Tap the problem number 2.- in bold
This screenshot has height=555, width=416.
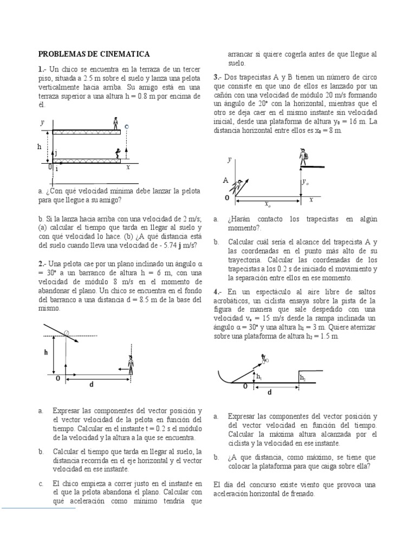click(43, 263)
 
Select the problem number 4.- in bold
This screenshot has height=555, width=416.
click(218, 292)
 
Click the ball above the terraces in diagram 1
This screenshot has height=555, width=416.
click(127, 127)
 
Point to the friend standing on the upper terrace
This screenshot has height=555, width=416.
click(115, 123)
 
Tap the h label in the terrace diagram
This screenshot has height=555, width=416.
click(39, 147)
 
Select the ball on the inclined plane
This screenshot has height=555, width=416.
click(67, 333)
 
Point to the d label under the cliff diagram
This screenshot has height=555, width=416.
click(92, 384)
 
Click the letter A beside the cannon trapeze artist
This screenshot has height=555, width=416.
click(225, 180)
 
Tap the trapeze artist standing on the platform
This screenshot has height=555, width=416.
click(304, 158)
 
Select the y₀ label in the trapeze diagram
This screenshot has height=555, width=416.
click(306, 183)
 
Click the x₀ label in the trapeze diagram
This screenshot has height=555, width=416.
click(268, 204)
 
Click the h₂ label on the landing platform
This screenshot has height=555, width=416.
click(303, 377)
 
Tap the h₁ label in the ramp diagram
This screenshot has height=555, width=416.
click(259, 377)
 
